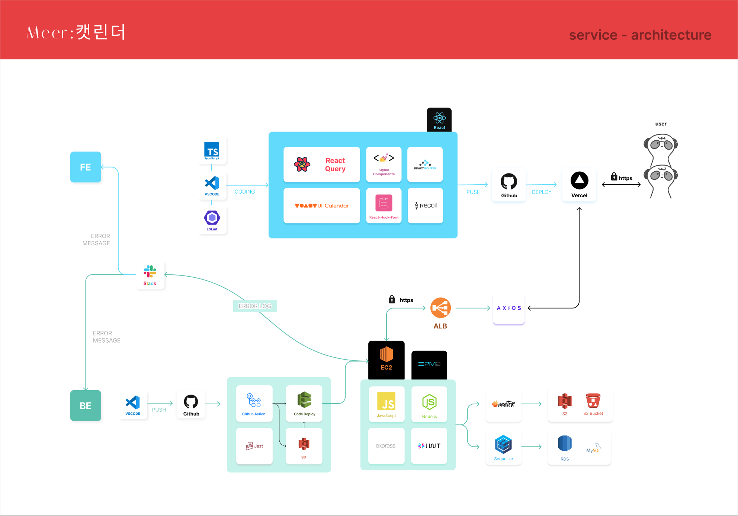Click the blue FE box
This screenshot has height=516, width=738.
pos(86,167)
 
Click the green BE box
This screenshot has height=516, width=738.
pos(86,405)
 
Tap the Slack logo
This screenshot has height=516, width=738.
pos(150,272)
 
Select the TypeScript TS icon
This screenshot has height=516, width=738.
pos(212,150)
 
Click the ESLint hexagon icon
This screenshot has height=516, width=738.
pos(212,218)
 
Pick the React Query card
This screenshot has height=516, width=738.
pos(321,165)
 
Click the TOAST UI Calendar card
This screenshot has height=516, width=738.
pos(321,206)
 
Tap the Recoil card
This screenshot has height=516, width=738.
pos(425,206)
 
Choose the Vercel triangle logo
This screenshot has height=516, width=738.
pos(579,181)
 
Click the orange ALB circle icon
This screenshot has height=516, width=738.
pos(440,308)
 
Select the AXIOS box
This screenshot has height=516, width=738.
pos(508,308)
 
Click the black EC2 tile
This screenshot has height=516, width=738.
pos(386,360)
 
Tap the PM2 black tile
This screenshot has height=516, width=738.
pos(429,364)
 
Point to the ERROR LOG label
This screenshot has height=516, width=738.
pos(255,306)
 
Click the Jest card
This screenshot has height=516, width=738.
pos(254,446)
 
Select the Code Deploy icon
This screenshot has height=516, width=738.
pos(304,400)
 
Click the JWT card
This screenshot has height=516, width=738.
pos(429,446)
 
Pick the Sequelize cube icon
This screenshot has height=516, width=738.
pos(503,444)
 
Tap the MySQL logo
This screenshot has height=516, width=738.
pos(594,449)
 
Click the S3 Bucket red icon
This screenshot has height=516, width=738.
pos(593,401)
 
